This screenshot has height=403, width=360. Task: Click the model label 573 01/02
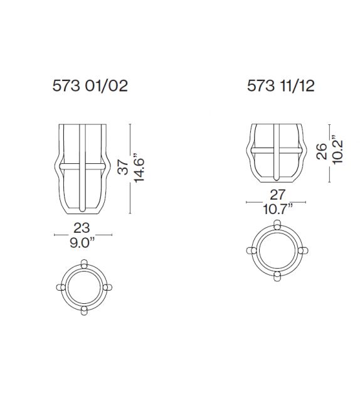90,85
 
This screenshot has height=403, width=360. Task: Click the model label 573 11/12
280,85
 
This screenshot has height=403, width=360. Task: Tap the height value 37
123,167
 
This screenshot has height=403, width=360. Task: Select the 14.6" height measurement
139,168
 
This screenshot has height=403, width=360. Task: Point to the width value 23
82,228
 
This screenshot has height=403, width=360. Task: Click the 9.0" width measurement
82,243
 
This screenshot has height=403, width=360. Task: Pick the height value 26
322,151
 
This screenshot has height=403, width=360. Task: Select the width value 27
278,195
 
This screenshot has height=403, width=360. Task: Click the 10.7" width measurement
278,209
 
